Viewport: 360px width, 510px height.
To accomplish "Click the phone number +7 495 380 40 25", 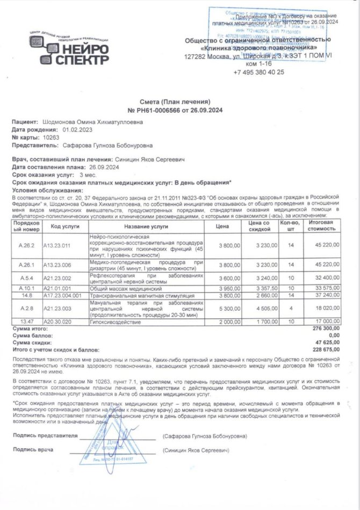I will tap(258, 72).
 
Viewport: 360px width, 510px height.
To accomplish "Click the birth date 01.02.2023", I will tap(77, 130).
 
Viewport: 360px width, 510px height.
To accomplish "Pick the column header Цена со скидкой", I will tap(259, 226).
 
